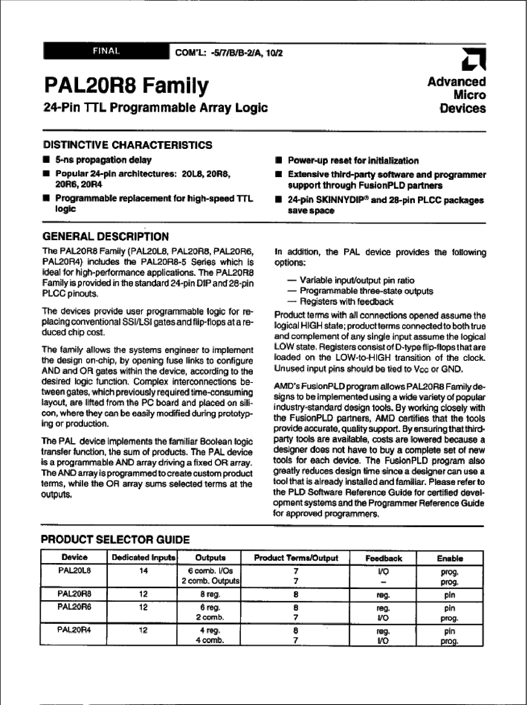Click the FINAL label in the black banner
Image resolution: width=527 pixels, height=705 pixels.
pyautogui.click(x=106, y=51)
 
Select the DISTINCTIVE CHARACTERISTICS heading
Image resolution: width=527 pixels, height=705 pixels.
pyautogui.click(x=128, y=145)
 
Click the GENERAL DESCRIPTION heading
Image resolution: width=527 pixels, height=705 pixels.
pyautogui.click(x=106, y=236)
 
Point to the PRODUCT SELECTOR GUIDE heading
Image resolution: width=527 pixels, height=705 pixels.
pyautogui.click(x=115, y=539)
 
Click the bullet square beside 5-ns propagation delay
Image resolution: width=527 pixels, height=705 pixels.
pyautogui.click(x=46, y=160)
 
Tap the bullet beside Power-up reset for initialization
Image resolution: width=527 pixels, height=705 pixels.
pyautogui.click(x=278, y=160)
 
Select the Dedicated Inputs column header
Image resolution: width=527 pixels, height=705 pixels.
pyautogui.click(x=143, y=558)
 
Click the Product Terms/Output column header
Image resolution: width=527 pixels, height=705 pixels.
pyautogui.click(x=296, y=558)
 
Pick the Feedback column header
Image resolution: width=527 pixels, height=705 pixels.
pyautogui.click(x=384, y=558)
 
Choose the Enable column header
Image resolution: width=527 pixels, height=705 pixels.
pyautogui.click(x=450, y=558)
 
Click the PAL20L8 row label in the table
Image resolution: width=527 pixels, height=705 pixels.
pyautogui.click(x=74, y=570)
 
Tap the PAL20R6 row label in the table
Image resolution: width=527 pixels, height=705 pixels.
pyautogui.click(x=74, y=607)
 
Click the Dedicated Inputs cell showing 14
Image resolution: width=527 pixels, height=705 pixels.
pyautogui.click(x=143, y=570)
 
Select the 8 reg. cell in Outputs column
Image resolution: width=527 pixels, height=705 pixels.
pyautogui.click(x=210, y=594)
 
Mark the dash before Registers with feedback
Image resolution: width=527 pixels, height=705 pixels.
pyautogui.click(x=293, y=301)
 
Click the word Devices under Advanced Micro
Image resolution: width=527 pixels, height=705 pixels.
pyautogui.click(x=463, y=108)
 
